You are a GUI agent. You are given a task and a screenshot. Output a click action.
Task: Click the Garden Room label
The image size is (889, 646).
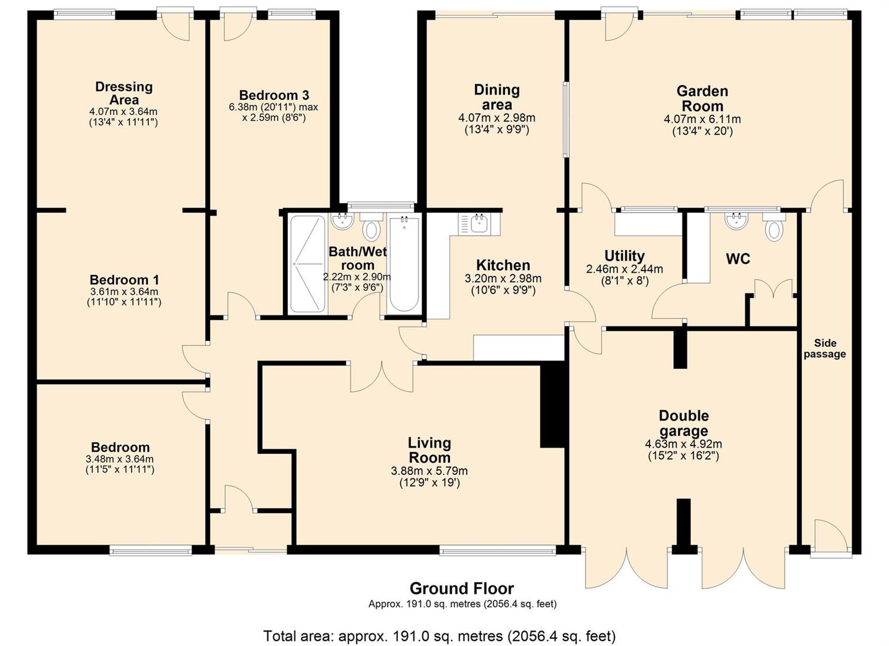[702, 99]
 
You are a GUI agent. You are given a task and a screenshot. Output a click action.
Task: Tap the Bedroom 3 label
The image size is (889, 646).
[274, 95]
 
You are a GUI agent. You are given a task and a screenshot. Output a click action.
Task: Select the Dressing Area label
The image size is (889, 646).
[124, 93]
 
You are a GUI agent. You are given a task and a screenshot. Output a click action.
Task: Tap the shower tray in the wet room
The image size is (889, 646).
[308, 264]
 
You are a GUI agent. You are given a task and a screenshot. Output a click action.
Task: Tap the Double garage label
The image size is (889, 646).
[683, 423]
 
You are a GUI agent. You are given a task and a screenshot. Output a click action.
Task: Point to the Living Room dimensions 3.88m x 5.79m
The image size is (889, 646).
[429, 471]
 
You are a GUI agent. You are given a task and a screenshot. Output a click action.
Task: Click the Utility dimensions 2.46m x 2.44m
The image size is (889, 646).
[625, 269]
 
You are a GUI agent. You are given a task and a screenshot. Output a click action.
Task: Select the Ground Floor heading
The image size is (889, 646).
[462, 588]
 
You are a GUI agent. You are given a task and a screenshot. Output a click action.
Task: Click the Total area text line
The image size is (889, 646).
[439, 636]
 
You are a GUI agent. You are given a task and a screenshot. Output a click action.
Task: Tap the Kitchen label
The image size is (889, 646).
[503, 264]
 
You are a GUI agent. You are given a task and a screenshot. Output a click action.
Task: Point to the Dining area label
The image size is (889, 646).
[497, 97]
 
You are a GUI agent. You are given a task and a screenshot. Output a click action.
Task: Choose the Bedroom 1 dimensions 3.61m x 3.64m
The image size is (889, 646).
[124, 292]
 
